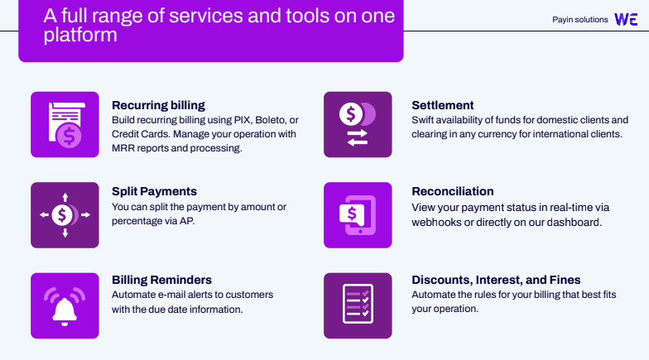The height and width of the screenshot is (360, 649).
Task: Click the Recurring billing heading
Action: (158, 106)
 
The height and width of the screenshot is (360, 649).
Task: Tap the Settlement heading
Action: (442, 106)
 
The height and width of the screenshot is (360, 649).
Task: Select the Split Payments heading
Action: (154, 192)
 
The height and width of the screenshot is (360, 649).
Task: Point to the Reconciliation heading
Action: (452, 192)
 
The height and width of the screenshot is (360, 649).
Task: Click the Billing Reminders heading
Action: (161, 280)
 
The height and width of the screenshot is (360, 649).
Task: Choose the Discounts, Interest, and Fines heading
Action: (496, 280)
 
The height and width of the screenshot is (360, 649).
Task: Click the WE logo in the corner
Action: (626, 20)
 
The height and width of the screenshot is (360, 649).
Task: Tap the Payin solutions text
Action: (579, 20)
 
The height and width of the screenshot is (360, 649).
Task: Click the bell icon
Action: (65, 306)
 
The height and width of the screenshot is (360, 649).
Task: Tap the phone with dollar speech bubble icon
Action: (358, 215)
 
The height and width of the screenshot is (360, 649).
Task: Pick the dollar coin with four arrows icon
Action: (65, 215)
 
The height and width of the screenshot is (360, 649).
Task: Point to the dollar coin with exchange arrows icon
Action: (358, 124)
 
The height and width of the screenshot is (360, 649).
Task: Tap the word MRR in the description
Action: (123, 148)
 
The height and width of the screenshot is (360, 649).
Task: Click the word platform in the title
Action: (80, 35)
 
